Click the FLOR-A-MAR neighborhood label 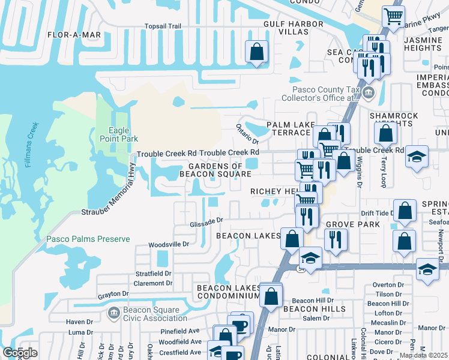tap(74, 35)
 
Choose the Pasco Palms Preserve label tap(88, 239)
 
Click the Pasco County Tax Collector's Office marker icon tap(367, 92)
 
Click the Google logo tap(19, 353)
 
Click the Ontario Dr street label tap(246, 133)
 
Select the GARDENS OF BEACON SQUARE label tap(215, 170)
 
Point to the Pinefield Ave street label tap(180, 331)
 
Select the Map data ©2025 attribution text tap(423, 355)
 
